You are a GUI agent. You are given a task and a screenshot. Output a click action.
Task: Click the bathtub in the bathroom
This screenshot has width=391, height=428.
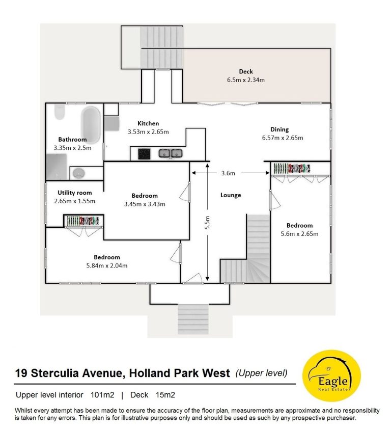pos(91,125)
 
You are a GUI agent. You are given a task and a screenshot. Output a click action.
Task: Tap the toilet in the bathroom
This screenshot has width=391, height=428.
pos(60,112)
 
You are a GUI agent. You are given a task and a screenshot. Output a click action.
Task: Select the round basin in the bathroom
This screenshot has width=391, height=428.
pos(78,173)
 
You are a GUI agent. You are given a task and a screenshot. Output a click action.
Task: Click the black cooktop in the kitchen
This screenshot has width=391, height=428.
pos(144,154)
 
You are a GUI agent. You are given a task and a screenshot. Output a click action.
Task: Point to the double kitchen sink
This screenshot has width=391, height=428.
pos(171,153)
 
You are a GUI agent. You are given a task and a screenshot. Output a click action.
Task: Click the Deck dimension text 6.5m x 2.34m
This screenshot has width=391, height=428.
pos(246,80)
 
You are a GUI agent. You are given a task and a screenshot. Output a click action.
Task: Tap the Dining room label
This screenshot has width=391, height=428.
pos(280,129)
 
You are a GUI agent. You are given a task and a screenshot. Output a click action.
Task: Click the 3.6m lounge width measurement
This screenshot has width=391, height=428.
pos(228,173)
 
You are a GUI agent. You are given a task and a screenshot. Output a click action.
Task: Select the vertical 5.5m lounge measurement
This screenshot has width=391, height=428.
pos(208,223)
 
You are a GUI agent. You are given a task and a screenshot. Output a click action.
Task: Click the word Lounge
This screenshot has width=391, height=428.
pos(231,195)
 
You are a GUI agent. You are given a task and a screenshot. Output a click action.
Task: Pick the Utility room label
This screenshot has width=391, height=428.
pos(75,193)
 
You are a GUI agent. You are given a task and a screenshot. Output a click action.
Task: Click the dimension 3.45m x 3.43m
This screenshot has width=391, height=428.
pos(145,204)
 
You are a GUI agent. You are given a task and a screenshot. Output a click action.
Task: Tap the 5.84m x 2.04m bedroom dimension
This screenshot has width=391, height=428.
pos(107,265)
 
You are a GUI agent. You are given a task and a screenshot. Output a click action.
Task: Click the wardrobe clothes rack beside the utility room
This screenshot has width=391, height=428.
pos(83,221)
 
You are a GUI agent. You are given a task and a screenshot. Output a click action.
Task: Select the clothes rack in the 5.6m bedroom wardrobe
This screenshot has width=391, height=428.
pos(292,168)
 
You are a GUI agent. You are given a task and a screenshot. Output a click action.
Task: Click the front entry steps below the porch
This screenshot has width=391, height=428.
pos(193,319)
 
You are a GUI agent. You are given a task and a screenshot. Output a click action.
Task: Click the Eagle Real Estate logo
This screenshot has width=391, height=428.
pos(331,376)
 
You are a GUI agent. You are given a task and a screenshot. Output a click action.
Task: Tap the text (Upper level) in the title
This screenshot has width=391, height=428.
pos(261,373)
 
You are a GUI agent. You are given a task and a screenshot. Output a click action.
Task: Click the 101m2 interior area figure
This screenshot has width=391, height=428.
pos(102,395)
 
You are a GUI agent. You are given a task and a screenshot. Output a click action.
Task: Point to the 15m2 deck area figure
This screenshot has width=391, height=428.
pos(165,395)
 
